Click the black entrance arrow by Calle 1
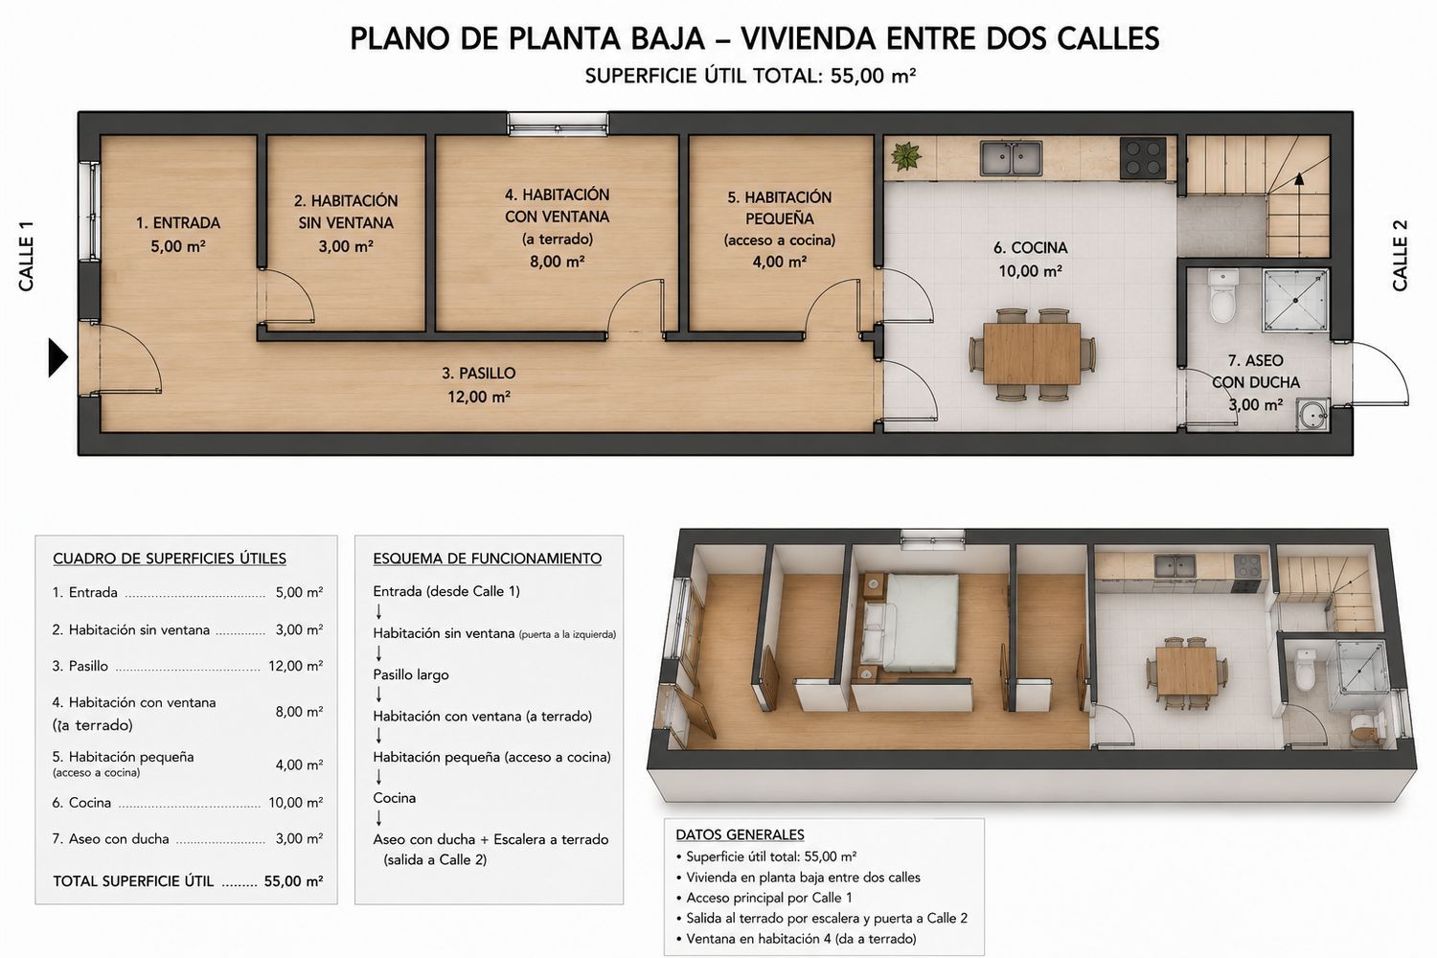tap(57, 357)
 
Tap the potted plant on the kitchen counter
tap(906, 156)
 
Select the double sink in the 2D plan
tap(1011, 158)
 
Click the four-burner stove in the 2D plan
tap(1143, 158)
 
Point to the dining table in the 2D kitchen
tap(1032, 354)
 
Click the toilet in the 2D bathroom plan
tap(1222, 295)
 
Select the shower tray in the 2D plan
tap(1295, 300)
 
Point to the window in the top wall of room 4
tap(558, 124)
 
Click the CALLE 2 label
tap(1400, 256)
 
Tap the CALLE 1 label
tap(26, 256)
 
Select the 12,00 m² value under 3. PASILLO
tap(479, 398)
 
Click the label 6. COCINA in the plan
tap(1030, 248)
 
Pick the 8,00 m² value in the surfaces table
tap(299, 712)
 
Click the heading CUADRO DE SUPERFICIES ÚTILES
tap(170, 559)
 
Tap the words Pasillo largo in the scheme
tap(411, 675)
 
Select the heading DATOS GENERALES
tap(740, 834)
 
